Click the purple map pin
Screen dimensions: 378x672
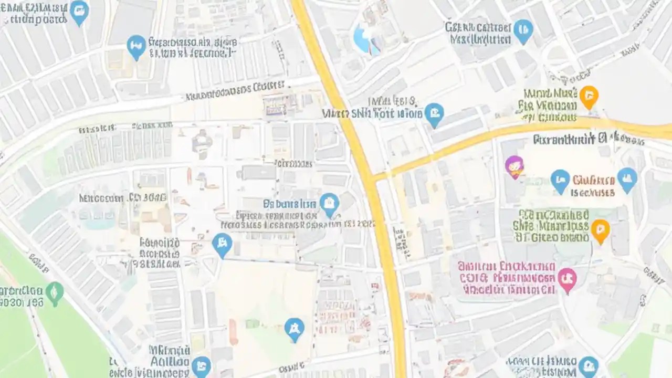pos(514,166)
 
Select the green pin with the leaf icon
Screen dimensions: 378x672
pos(54,293)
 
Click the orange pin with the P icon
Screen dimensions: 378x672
pos(600,230)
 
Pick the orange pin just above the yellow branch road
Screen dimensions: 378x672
pos(589,97)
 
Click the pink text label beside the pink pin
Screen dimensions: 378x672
pos(507,278)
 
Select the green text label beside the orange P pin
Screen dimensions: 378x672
pos(553,226)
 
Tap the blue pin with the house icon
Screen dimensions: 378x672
pos(329,204)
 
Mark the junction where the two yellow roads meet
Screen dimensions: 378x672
pos(370,177)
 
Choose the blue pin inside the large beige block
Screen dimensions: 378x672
pos(294,329)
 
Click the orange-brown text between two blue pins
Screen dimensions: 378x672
pos(593,186)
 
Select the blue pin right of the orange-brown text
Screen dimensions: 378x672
pos(627,179)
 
